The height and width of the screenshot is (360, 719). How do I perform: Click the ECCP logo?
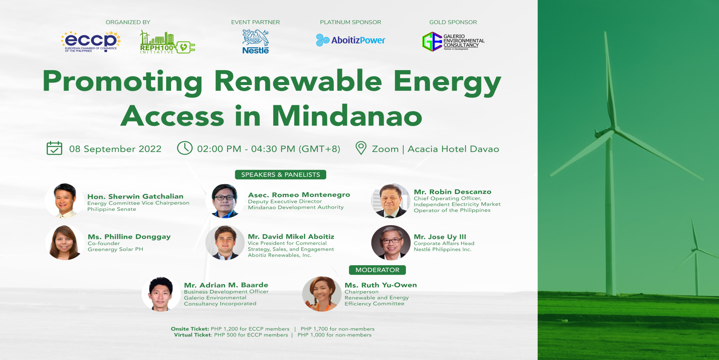coord(91,42)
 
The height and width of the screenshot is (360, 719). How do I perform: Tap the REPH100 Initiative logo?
coord(167,42)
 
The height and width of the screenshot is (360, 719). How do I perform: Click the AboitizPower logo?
coord(351,40)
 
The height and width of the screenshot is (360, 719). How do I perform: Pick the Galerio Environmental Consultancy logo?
coord(453,41)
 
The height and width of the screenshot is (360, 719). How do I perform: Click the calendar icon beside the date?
coord(54,148)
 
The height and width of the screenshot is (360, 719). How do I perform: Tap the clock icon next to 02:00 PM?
coord(185,148)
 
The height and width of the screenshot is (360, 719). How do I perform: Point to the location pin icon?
coord(361,148)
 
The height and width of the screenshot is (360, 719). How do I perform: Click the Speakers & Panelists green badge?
coord(280,175)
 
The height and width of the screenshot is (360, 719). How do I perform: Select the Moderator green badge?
coord(377,270)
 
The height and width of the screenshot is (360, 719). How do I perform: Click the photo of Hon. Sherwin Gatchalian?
coord(64,201)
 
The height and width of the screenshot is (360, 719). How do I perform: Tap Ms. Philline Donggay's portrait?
coord(64,242)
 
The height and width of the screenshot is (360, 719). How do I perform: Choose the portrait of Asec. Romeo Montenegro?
coord(225,201)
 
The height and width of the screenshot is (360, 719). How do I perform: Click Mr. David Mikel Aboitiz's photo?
coord(225,242)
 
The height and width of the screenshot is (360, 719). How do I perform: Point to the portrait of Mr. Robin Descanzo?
coord(391,201)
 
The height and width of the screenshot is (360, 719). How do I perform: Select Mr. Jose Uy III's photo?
coord(391,242)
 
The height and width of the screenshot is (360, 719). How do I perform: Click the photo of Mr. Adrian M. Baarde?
coord(161,294)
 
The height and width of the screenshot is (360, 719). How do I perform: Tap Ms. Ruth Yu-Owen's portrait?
coord(321,294)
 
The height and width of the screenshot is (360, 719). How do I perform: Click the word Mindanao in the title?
coord(347,116)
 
